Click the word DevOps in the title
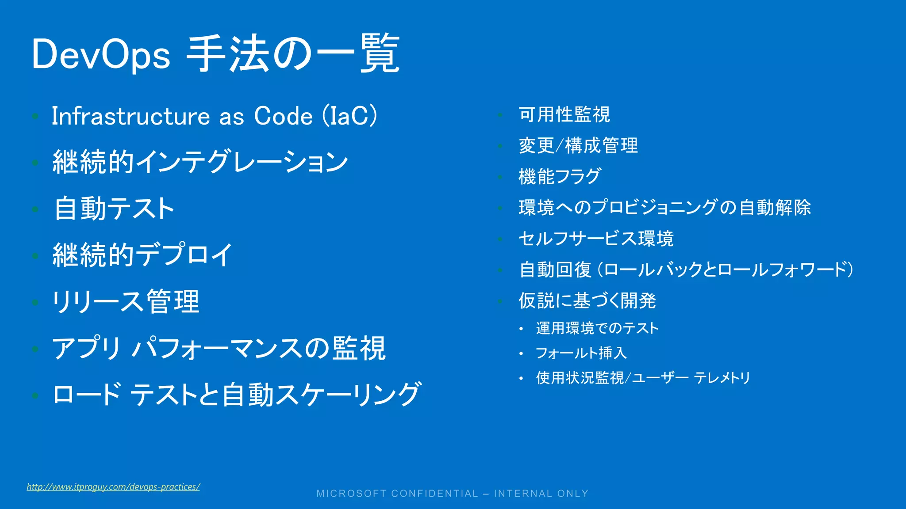[101, 55]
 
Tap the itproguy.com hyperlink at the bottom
[113, 487]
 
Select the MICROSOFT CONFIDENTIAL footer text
[453, 494]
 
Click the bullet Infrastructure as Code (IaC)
[215, 116]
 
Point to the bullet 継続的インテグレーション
[200, 162]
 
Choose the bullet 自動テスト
[114, 209]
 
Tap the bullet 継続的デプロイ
[142, 255]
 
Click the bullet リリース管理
[126, 302]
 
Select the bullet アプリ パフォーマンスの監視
[219, 348]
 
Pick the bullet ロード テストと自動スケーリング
[237, 395]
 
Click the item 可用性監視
[564, 114]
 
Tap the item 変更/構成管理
[578, 146]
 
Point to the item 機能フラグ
[560, 177]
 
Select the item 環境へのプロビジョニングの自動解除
[664, 208]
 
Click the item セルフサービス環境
[596, 239]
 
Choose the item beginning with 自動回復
[686, 270]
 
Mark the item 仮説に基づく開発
[587, 301]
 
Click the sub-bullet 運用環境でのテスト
[597, 328]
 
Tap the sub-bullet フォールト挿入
[581, 353]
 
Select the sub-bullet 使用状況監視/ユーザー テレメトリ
[643, 378]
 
